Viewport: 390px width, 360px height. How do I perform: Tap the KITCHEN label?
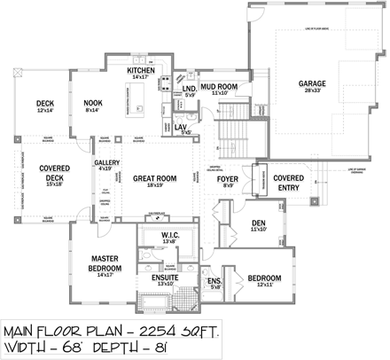pos(142,70)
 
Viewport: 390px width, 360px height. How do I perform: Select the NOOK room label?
pos(93,103)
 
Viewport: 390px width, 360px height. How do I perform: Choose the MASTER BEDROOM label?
pos(113,263)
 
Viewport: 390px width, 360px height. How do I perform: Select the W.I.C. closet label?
pos(170,234)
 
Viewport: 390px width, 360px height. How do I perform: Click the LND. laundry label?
pos(189,89)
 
